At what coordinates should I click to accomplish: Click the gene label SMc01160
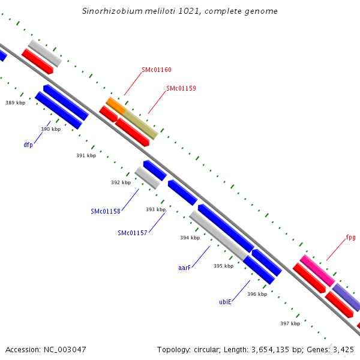[x=157, y=70]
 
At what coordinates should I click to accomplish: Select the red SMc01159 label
[x=181, y=88]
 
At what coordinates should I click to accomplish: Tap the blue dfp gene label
[x=28, y=145]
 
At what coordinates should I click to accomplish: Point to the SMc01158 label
[x=106, y=211]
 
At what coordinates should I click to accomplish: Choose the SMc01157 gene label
[x=133, y=233]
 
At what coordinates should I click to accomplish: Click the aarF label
[x=184, y=268]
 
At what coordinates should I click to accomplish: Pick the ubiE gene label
[x=225, y=302]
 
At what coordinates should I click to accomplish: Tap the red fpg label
[x=350, y=237]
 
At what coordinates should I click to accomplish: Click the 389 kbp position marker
[x=16, y=103]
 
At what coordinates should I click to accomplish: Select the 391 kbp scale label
[x=86, y=155]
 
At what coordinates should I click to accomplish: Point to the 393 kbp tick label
[x=156, y=209]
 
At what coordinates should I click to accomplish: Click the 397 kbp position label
[x=290, y=323]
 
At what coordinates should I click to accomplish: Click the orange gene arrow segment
[x=115, y=105]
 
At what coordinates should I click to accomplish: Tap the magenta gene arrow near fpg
[x=317, y=270]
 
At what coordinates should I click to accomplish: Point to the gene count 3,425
[x=343, y=349]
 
